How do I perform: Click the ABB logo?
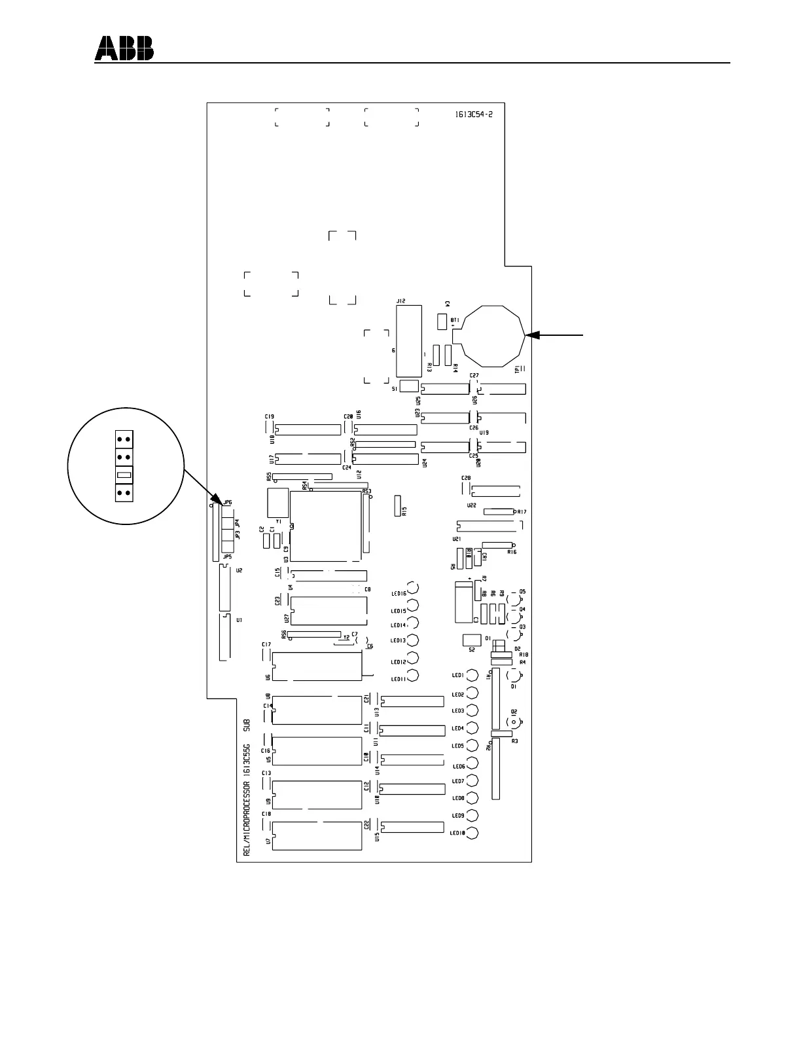(124, 48)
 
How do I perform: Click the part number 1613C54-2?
(474, 114)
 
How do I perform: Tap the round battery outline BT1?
(497, 337)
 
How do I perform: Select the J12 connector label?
(401, 301)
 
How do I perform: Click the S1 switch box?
(408, 386)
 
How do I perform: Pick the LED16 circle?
(413, 589)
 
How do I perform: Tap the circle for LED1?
(471, 676)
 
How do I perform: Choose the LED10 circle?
(471, 833)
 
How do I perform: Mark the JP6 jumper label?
(228, 502)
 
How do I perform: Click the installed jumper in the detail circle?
(124, 475)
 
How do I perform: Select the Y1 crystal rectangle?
(277, 503)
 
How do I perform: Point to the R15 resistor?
(397, 506)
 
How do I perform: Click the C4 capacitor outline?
(442, 321)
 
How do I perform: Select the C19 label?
(269, 416)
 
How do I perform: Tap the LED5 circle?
(471, 746)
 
